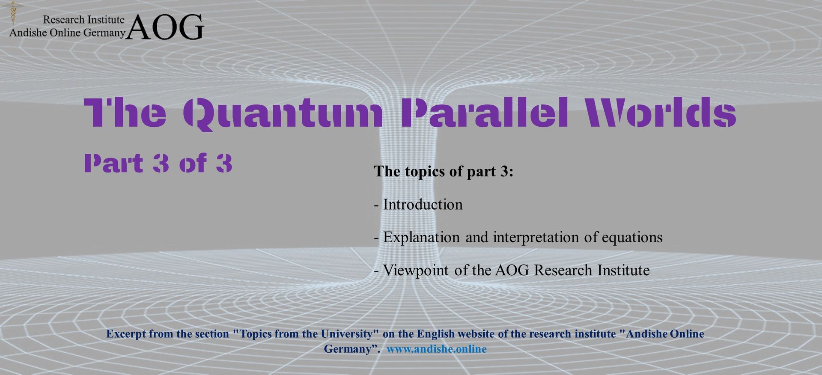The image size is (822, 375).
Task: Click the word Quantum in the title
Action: click(283, 113)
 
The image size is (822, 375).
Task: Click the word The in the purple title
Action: click(125, 113)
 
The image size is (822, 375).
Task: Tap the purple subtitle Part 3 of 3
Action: click(158, 163)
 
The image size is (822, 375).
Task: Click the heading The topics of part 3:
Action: click(444, 171)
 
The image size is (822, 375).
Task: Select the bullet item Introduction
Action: click(423, 205)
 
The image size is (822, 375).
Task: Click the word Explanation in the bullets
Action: click(421, 238)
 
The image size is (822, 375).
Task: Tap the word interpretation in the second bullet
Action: click(536, 238)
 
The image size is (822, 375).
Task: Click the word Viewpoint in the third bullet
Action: click(416, 271)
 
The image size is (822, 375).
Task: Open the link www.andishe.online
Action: click(437, 349)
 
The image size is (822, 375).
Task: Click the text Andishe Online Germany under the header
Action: click(67, 33)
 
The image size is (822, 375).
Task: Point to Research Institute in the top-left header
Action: click(84, 19)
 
